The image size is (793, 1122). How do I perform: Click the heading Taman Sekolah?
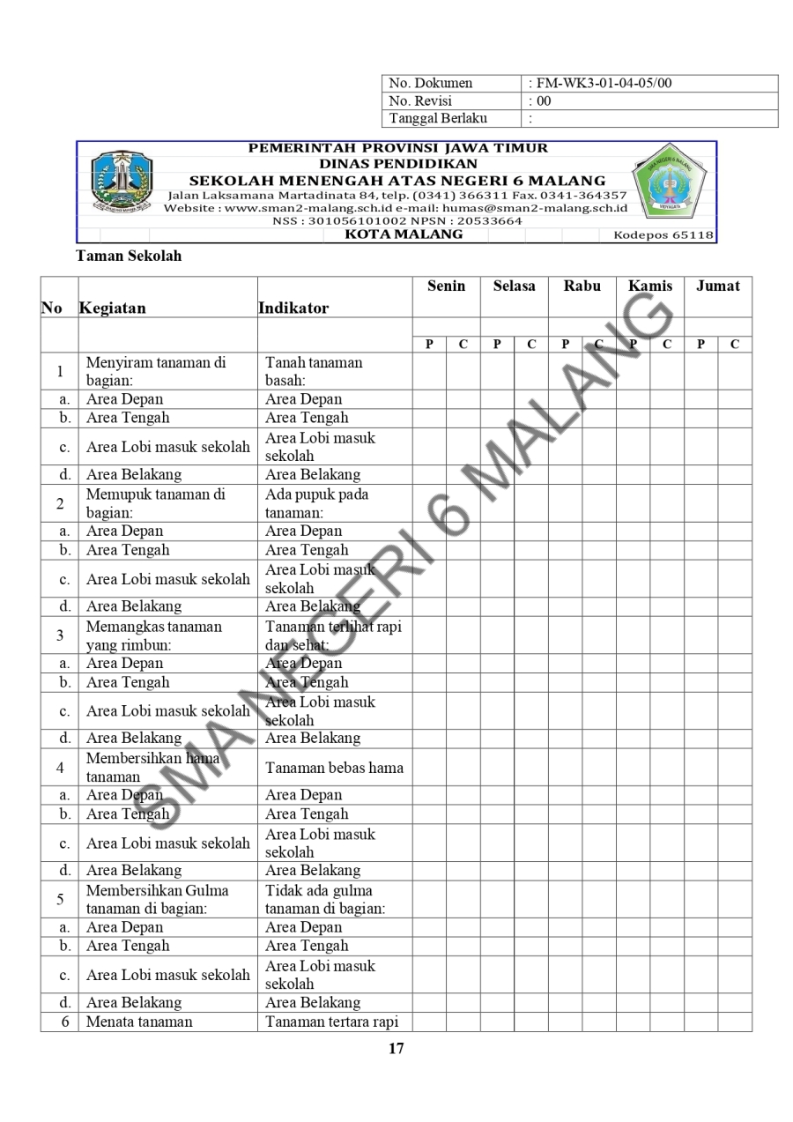coord(129,256)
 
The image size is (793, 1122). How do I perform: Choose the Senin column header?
coord(446,286)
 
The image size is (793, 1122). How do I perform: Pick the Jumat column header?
coord(718,286)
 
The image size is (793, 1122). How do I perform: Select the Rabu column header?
coord(582,286)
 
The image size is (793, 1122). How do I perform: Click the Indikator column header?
coord(293,308)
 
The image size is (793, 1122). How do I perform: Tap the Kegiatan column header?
coord(113,308)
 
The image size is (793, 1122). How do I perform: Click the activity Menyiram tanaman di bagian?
coord(155,371)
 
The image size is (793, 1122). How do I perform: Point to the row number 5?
coord(59,899)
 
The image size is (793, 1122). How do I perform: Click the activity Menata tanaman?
coord(139,1022)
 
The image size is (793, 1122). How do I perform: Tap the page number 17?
coord(396,1049)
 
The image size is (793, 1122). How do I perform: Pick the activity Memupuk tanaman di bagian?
coord(155,503)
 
